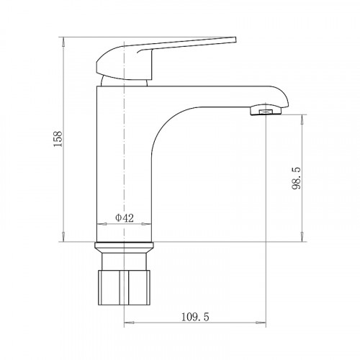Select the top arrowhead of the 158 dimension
tap(65, 37)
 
